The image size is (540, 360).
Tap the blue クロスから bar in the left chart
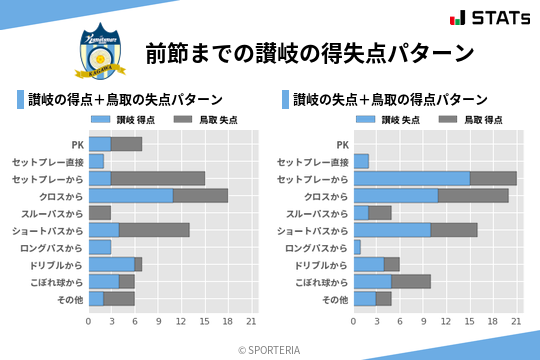click(130, 196)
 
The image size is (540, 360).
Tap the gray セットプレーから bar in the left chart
click(158, 178)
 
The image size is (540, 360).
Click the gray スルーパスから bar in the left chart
click(100, 213)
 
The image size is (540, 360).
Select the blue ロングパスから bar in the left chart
click(100, 247)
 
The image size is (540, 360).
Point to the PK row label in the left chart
click(77, 144)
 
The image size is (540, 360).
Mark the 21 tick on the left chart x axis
click(251, 322)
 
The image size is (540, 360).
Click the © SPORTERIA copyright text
click(270, 349)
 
